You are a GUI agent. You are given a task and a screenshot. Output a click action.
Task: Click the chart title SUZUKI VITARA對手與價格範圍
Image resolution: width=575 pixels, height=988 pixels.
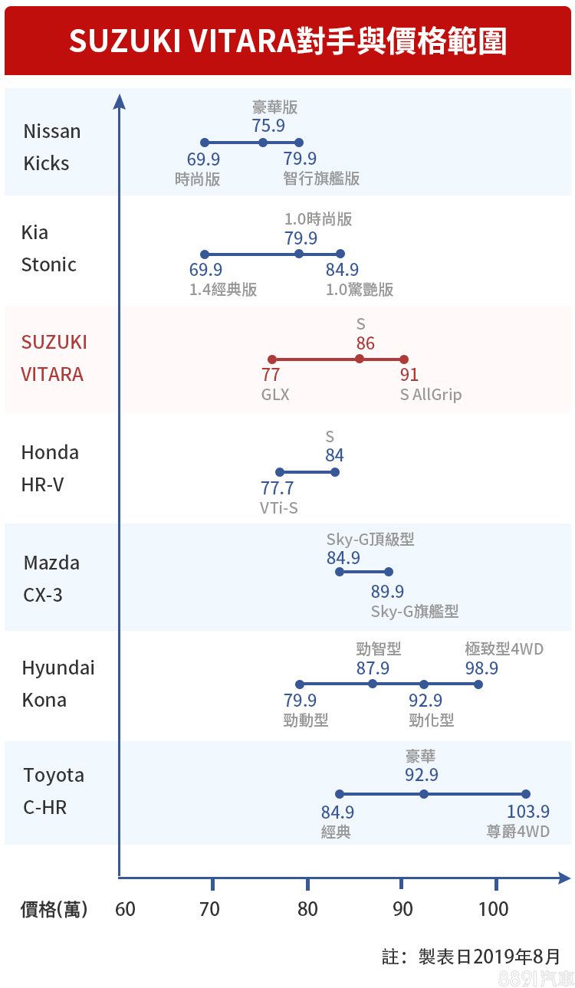coord(287,41)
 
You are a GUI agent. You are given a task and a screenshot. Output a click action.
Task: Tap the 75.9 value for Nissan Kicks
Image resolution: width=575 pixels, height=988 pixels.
coord(268,125)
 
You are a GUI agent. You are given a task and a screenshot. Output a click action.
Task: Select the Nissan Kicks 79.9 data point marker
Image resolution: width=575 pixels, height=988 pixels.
coord(299,143)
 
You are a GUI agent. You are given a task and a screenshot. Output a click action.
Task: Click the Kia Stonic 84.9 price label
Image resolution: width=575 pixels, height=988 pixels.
coord(342,270)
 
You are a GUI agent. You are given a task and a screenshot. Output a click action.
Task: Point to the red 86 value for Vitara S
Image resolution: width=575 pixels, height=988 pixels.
coord(366,343)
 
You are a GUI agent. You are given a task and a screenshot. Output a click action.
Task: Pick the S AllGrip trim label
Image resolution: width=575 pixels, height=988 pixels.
coord(431,395)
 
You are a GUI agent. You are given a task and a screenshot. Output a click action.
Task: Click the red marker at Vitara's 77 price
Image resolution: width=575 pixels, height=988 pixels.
coord(271,359)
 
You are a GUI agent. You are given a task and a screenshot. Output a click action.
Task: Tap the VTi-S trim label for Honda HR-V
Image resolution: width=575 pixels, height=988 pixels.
coord(279,507)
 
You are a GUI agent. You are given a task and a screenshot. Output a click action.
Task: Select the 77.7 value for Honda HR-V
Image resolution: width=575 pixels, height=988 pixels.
coord(277,488)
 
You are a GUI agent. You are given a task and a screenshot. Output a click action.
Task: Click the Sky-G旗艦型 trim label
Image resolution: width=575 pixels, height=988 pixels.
coord(415,611)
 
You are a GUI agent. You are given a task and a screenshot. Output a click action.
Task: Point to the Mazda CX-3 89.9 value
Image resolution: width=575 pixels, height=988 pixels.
coord(387,592)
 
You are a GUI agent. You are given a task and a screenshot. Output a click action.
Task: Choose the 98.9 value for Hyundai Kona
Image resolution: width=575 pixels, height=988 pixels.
coord(481,668)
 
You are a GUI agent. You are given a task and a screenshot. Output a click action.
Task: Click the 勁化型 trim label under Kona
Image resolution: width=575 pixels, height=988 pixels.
coord(432,720)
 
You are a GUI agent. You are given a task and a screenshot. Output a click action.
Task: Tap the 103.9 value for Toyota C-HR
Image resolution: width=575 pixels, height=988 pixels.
coord(528,812)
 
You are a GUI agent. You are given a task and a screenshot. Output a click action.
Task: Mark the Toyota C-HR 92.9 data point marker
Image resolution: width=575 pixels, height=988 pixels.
coord(424,794)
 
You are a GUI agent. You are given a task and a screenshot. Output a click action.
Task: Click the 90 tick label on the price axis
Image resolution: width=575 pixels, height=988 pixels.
coord(402,909)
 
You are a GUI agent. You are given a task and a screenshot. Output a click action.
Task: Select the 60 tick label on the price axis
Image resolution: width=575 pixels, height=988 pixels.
coord(125,909)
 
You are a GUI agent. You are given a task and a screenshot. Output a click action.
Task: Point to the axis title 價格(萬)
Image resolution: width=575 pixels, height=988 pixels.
coord(54,909)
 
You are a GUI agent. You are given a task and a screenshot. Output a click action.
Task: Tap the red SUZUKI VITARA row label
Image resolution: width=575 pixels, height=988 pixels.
coord(54,358)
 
